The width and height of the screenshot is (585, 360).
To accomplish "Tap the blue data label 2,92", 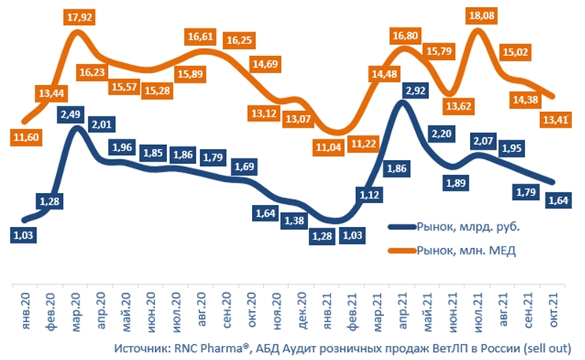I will pos(414,91).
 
